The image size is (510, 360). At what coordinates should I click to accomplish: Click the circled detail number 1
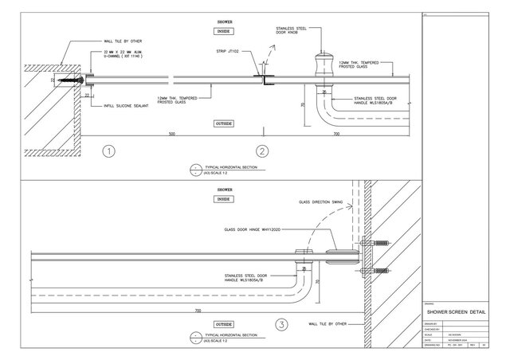(x=111, y=151)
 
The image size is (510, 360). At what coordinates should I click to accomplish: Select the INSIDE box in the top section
(x=224, y=31)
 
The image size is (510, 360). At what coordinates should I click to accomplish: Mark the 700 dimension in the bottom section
(x=197, y=310)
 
